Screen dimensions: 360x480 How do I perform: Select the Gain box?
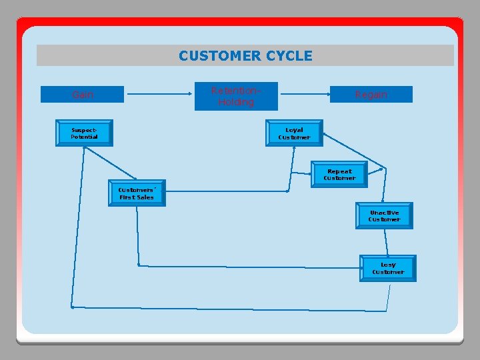tap(83, 95)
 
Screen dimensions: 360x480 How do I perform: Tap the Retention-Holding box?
tap(236, 96)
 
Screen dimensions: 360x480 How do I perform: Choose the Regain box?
tap(371, 95)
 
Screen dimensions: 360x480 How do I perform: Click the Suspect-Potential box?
tap(84, 133)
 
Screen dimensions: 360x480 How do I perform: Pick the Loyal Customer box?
tap(294, 133)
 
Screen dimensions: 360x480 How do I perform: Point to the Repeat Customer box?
tap(339, 175)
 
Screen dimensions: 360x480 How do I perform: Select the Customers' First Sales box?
tap(136, 193)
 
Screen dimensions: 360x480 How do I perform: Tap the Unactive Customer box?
tap(384, 215)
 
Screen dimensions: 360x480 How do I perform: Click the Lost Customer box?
tap(387, 268)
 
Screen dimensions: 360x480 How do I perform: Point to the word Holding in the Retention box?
tap(236, 102)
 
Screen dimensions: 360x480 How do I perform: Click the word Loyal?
tap(294, 130)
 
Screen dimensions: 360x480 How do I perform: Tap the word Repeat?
tap(339, 171)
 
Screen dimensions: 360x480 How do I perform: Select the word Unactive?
tap(384, 212)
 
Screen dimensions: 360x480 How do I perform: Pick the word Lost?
tap(388, 265)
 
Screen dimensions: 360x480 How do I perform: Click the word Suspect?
tap(84, 129)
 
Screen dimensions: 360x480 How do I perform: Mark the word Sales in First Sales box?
tap(145, 197)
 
